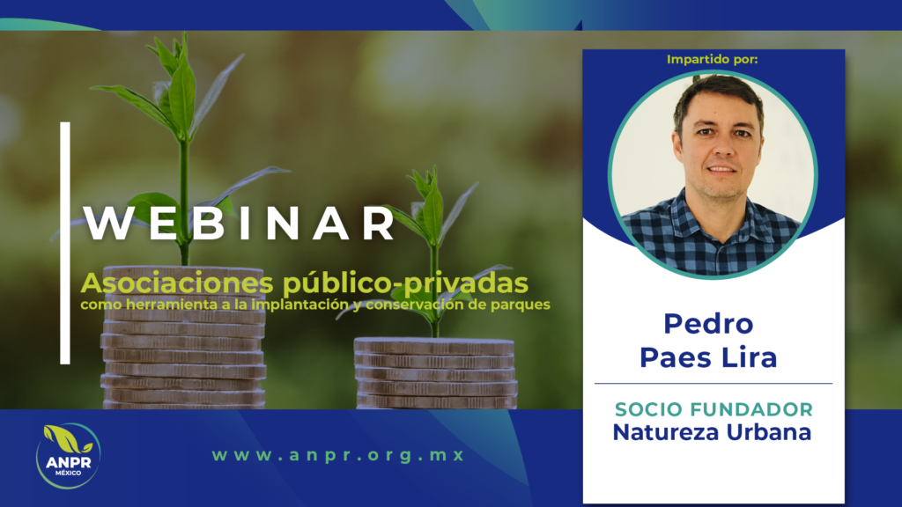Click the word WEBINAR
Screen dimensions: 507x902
click(240, 224)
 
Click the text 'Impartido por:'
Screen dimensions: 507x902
click(713, 60)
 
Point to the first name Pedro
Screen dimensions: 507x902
click(708, 324)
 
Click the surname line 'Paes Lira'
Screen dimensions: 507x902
click(708, 356)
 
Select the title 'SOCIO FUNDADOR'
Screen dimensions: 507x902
click(713, 409)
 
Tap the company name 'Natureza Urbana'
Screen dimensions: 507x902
click(712, 432)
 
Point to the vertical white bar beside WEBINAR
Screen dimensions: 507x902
click(65, 243)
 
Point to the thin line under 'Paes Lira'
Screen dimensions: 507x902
click(713, 384)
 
